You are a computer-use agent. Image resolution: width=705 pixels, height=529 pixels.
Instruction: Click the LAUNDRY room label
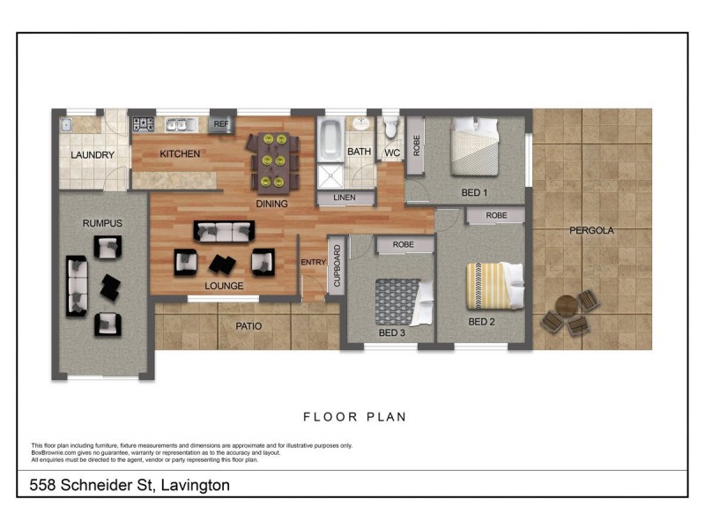pos(93,155)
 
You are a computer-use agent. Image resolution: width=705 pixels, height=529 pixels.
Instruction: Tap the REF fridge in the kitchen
pos(221,124)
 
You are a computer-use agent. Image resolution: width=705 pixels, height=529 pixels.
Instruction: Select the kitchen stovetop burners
pos(144,124)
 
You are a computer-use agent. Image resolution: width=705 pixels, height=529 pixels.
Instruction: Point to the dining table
pos(271,160)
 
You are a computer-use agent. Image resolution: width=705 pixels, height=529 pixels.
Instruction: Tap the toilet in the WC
pos(391,130)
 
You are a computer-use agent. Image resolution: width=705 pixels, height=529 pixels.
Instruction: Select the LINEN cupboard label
pos(345,197)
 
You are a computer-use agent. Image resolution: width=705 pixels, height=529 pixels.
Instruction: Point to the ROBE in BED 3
pos(404,244)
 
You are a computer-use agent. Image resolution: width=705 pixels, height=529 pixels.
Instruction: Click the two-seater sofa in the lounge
pos(224,232)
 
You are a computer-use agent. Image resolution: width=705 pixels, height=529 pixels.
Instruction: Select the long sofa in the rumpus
pos(77,286)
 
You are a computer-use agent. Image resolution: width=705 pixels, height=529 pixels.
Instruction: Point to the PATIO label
pos(248,326)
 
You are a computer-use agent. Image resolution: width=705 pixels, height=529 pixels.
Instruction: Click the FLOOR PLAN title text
pos(355,417)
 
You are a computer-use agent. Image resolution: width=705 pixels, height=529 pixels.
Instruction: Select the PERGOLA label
pos(591,230)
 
